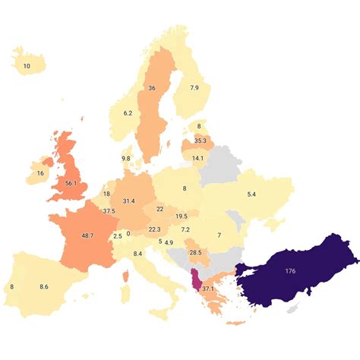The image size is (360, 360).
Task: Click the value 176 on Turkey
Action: point(289,270)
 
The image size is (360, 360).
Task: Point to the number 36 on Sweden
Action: point(151,88)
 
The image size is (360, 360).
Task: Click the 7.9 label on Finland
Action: point(194,88)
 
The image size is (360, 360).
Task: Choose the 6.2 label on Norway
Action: point(127,113)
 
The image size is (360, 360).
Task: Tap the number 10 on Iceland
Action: point(27,66)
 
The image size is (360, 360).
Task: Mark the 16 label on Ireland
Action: point(39,173)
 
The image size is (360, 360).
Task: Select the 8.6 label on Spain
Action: point(44,287)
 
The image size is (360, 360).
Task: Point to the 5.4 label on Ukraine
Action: point(251,194)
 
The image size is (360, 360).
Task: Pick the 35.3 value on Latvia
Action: point(201,141)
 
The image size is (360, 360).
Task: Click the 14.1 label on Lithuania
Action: point(197,158)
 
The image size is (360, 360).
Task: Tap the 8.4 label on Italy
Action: point(137,253)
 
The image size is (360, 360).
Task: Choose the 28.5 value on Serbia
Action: point(195,252)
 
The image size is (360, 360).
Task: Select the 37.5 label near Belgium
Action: point(109,211)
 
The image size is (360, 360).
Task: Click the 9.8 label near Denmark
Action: point(126,158)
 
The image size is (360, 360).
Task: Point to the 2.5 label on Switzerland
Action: point(117,236)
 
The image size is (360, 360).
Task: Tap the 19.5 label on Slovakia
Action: point(182,216)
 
